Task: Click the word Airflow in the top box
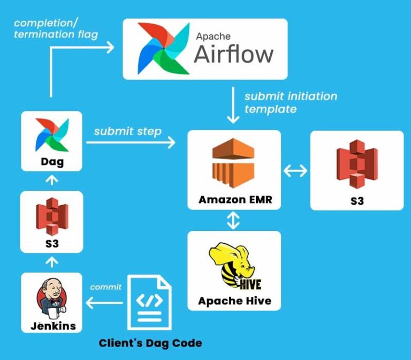coord(233,55)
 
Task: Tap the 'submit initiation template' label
coord(291,103)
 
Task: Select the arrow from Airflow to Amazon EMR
coord(234,105)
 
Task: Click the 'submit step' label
coord(127,131)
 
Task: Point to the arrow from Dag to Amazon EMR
coord(131,142)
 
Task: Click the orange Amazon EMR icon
coord(234,163)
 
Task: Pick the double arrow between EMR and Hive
coord(234,220)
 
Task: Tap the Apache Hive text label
coord(234,301)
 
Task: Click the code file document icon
coord(150,303)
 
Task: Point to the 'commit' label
coord(106,287)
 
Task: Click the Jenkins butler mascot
coord(51,298)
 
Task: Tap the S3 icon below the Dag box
coord(51,217)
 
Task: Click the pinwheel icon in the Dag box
coord(51,135)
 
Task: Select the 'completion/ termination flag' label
coord(56,29)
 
